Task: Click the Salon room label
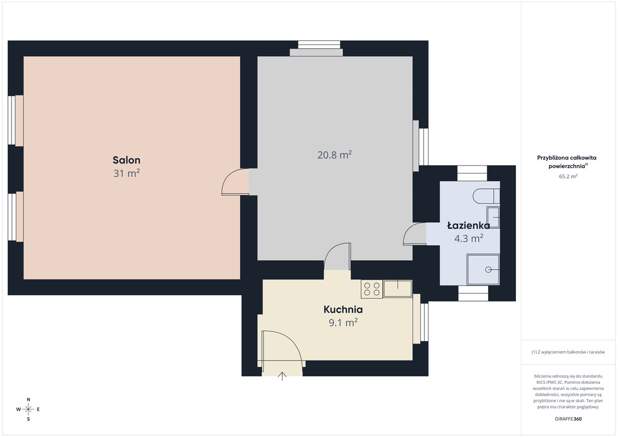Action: [127, 160]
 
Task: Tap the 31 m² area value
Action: [127, 173]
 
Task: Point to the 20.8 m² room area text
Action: [334, 155]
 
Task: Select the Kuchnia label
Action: [343, 309]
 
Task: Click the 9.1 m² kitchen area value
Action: [343, 323]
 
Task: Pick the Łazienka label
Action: [468, 225]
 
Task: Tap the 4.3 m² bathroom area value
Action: [468, 238]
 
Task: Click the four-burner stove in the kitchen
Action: [372, 289]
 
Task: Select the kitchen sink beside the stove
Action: [398, 289]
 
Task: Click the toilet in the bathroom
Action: [486, 196]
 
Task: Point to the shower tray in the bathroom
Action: [483, 270]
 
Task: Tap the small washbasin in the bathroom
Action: [493, 217]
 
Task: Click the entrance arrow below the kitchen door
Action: [282, 376]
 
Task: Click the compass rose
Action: [28, 409]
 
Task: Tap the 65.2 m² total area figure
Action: [568, 176]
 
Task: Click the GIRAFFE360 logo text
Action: [568, 419]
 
